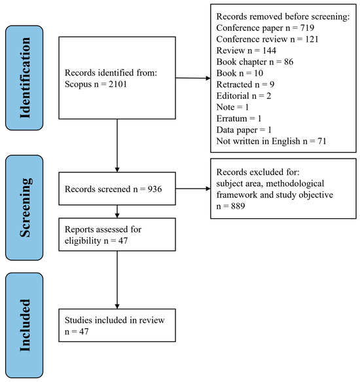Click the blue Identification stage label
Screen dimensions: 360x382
click(x=24, y=78)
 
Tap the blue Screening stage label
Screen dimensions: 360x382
click(x=24, y=208)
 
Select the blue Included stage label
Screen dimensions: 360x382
click(x=24, y=325)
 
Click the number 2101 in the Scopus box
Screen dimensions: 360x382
click(x=118, y=85)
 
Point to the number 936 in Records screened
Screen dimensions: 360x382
click(x=155, y=189)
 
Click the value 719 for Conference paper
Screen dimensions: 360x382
click(x=307, y=28)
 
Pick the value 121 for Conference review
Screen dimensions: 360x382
click(x=312, y=39)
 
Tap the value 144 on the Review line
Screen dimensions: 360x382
click(x=269, y=50)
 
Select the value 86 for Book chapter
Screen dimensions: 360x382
click(x=289, y=62)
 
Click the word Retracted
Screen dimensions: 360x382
click(x=234, y=85)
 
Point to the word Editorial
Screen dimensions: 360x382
click(x=233, y=96)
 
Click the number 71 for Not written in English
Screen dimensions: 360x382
click(x=322, y=141)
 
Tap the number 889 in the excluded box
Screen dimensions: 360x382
click(x=238, y=206)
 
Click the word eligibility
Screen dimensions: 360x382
click(x=82, y=240)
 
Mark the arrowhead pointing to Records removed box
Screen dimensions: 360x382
click(x=208, y=78)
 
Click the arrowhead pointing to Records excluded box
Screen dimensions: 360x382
click(x=208, y=189)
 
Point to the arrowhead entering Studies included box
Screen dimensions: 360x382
click(x=117, y=307)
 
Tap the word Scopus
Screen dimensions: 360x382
click(x=78, y=85)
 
